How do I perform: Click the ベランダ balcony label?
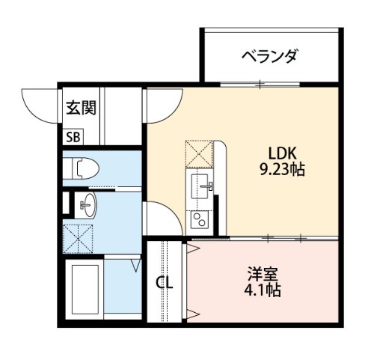[x=270, y=56]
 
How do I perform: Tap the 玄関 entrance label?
[x=81, y=108]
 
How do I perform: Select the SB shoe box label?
[x=73, y=137]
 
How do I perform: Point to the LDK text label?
[x=282, y=153]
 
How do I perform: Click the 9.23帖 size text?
[x=282, y=170]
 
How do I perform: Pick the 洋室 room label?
[x=263, y=274]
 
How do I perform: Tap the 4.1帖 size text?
[x=263, y=290]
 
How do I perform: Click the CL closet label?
[x=165, y=283]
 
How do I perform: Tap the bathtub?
[x=85, y=289]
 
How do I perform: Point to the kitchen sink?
[x=200, y=186]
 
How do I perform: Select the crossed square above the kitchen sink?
[x=199, y=153]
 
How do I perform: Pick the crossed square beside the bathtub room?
[x=78, y=239]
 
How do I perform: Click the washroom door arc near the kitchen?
[x=173, y=211]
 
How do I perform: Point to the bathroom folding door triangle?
[x=136, y=266]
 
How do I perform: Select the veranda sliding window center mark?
[x=260, y=85]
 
